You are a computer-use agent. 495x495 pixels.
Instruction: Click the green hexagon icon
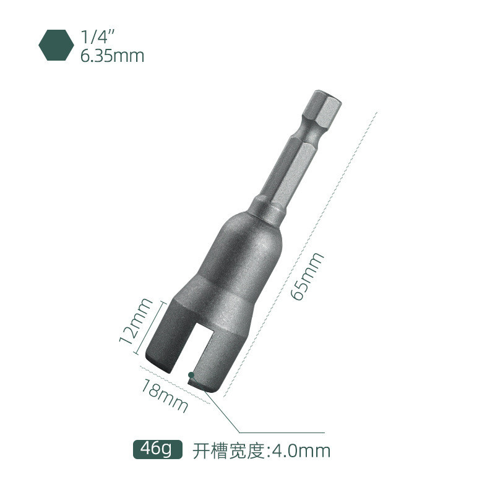click(56, 45)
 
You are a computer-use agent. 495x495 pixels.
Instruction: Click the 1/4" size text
click(95, 37)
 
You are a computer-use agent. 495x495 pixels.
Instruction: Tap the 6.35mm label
click(112, 56)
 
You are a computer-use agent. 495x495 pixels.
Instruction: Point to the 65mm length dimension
click(307, 277)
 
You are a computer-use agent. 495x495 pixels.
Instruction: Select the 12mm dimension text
click(136, 321)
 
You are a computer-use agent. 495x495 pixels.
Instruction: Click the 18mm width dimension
click(164, 395)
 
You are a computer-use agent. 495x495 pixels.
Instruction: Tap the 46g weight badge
click(158, 449)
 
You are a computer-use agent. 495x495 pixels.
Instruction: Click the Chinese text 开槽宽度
click(228, 451)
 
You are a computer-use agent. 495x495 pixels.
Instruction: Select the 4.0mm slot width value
click(301, 451)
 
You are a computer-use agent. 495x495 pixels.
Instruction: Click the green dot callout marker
click(191, 375)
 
